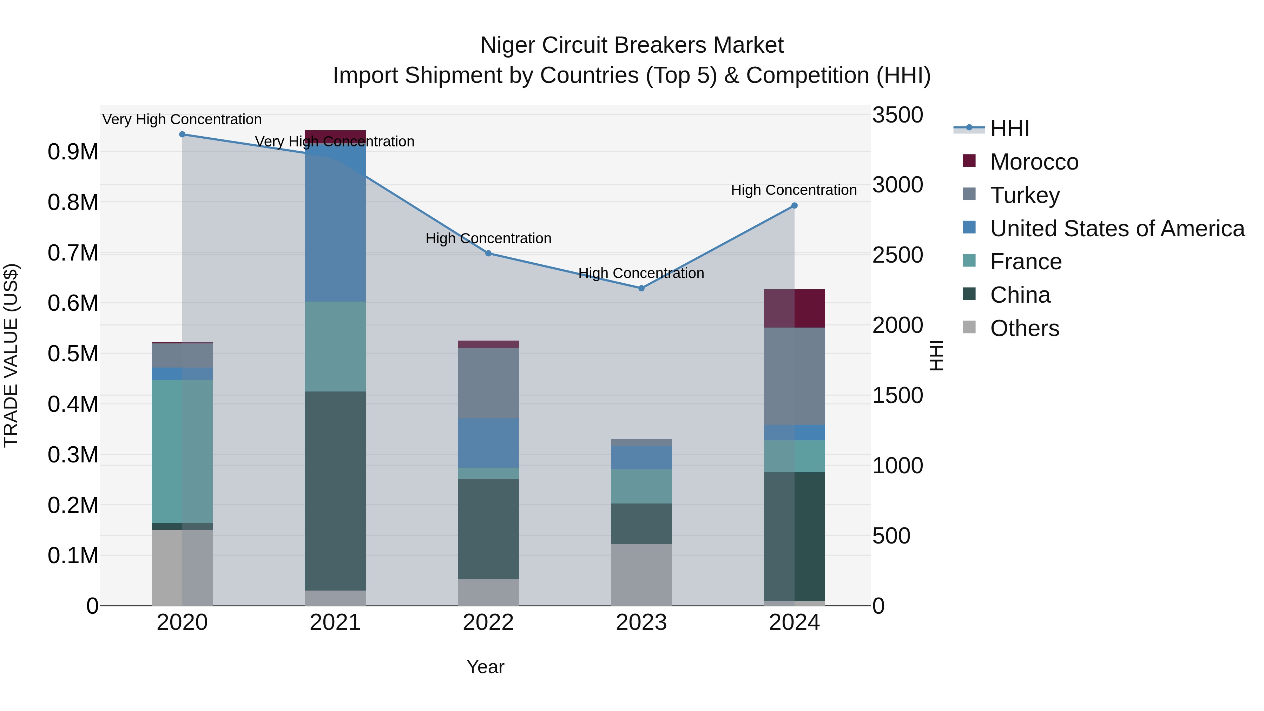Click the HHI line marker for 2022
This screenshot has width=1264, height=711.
[x=488, y=253]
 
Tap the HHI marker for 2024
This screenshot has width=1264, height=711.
[x=795, y=206]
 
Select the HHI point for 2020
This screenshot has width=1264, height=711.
[x=182, y=134]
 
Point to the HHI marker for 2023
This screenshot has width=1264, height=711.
[x=641, y=288]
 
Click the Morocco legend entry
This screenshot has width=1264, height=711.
[x=1034, y=162]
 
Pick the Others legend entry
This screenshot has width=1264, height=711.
[x=1024, y=328]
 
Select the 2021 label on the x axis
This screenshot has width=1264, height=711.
[x=335, y=623]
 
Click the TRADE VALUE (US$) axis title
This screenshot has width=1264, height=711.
[x=11, y=355]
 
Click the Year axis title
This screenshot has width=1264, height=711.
[x=485, y=667]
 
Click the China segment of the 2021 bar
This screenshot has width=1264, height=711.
[x=335, y=491]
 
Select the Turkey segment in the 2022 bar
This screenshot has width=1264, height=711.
[x=488, y=383]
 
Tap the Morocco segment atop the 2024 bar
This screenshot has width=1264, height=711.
[x=795, y=308]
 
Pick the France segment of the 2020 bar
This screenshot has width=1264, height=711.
[x=182, y=452]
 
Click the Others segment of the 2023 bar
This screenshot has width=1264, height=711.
[x=641, y=574]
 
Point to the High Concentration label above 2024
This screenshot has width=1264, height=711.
[x=794, y=190]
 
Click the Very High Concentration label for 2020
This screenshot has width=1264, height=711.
[x=182, y=119]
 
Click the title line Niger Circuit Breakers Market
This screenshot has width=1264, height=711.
[x=632, y=45]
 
